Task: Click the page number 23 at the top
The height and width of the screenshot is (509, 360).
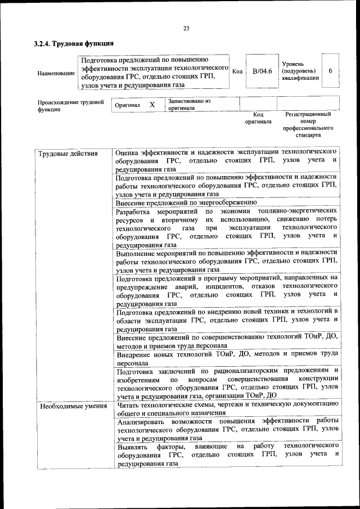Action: pos(186,29)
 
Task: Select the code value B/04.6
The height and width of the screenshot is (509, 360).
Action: pos(262,71)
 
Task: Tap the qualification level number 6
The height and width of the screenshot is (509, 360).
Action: pos(331,71)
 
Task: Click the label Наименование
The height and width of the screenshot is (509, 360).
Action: pos(56,74)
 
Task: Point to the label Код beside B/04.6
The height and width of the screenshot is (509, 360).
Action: pos(237,71)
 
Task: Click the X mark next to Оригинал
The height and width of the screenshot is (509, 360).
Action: pos(152,105)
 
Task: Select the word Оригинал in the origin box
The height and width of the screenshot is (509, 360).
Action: pos(127,105)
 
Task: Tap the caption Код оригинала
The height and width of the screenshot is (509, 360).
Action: pos(259,118)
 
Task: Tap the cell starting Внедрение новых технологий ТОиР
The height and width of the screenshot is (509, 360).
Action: pos(227,359)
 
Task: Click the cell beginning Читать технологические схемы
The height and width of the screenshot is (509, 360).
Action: pos(227,408)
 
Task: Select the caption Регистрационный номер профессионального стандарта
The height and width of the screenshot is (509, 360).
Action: pos(307,124)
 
